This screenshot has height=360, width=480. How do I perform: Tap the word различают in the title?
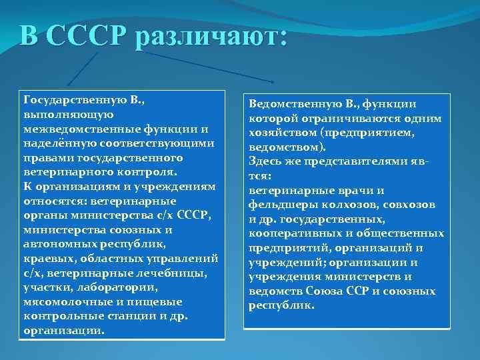[209, 35]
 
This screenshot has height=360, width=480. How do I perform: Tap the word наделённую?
[53, 143]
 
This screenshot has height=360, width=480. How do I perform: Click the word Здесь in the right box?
[264, 161]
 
